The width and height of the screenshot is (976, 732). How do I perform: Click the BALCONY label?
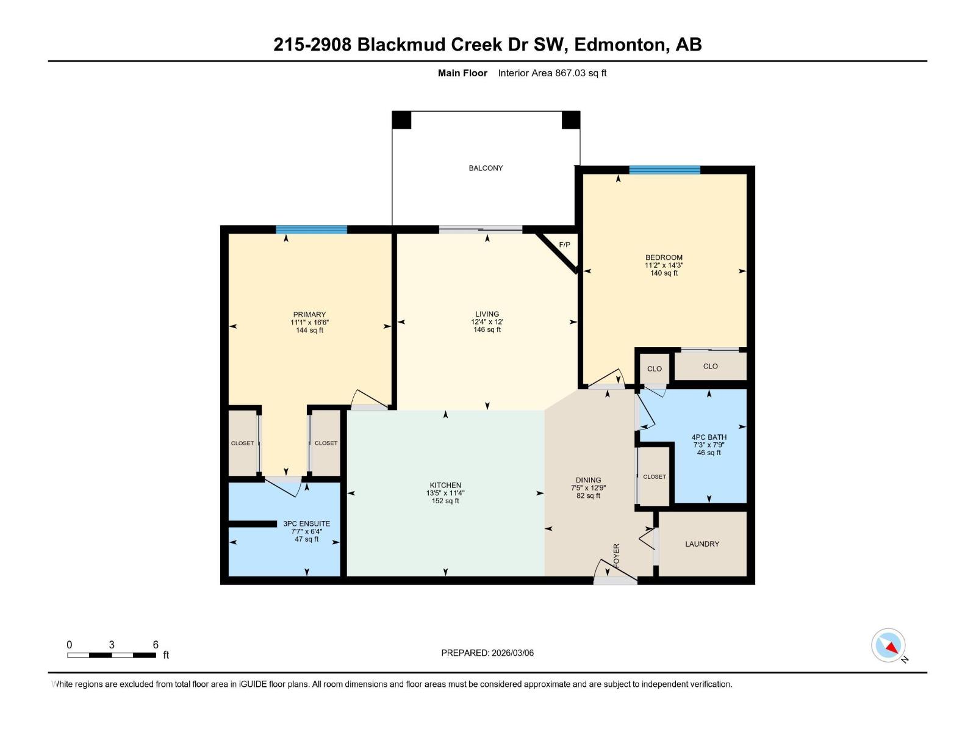(x=486, y=168)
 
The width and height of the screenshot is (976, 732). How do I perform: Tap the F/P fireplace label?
(x=564, y=245)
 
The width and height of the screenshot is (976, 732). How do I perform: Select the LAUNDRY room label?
(x=702, y=544)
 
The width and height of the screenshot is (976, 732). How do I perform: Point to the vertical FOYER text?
(x=616, y=555)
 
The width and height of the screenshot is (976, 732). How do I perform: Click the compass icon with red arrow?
(x=888, y=645)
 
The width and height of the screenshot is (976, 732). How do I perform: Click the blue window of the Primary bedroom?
(x=311, y=229)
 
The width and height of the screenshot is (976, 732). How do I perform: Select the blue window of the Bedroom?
(x=665, y=170)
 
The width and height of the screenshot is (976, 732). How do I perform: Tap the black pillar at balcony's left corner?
(x=401, y=120)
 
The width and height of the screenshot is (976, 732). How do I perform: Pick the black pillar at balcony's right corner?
(x=571, y=120)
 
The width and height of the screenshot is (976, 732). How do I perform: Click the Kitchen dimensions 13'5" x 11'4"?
(x=445, y=493)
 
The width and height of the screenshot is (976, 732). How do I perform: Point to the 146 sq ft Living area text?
(x=487, y=329)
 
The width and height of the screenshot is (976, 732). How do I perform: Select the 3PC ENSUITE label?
(x=307, y=523)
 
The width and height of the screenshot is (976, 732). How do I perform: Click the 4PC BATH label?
(x=709, y=437)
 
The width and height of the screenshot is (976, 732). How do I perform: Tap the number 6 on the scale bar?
(x=156, y=644)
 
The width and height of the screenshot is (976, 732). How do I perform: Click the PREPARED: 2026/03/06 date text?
(x=487, y=653)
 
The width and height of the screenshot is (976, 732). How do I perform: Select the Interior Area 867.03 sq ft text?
(x=552, y=73)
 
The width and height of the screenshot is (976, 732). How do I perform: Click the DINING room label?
(x=588, y=480)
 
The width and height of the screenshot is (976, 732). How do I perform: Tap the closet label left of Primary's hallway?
(x=242, y=443)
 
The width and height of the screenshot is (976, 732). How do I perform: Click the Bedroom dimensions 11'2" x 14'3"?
(x=664, y=265)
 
